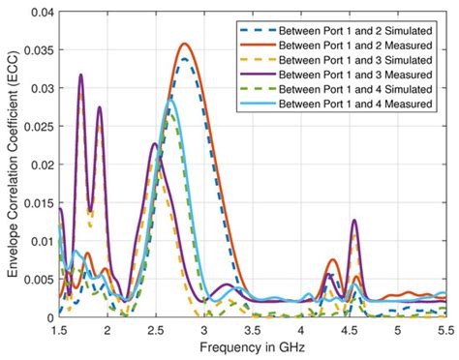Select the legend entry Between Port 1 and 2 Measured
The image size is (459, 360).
pyautogui.click(x=359, y=45)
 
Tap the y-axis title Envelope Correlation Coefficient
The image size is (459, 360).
pyautogui.click(x=12, y=165)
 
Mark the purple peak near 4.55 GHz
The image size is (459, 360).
pyautogui.click(x=354, y=221)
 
